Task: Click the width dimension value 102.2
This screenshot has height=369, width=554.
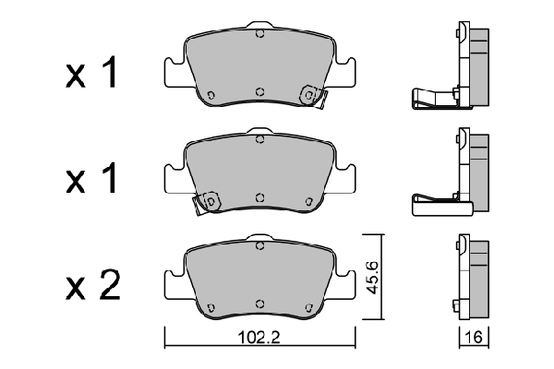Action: pyautogui.click(x=259, y=338)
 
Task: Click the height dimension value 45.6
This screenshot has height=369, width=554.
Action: pyautogui.click(x=372, y=278)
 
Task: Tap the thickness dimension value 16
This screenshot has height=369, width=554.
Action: pyautogui.click(x=474, y=338)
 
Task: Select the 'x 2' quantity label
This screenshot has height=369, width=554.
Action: pyautogui.click(x=93, y=286)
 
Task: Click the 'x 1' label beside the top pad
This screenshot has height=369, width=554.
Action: pyautogui.click(x=91, y=72)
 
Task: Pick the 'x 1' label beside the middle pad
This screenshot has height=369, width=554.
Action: pyautogui.click(x=91, y=178)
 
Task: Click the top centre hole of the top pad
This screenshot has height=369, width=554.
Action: pyautogui.click(x=260, y=34)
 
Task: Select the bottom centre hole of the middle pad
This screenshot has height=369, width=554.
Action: pyautogui.click(x=260, y=197)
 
